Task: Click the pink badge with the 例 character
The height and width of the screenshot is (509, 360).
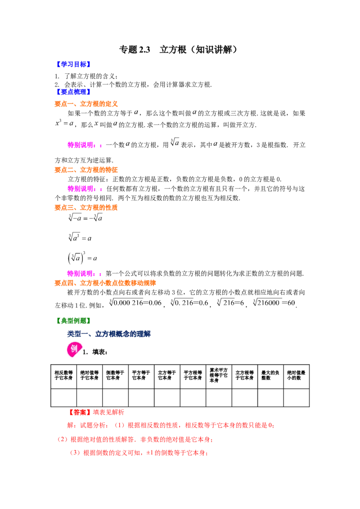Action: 74,349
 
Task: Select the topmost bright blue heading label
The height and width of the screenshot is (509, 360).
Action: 73,64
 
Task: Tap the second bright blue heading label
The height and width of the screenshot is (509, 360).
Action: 73,92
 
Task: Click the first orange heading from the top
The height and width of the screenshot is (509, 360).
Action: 86,104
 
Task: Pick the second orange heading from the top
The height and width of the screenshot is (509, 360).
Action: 86,170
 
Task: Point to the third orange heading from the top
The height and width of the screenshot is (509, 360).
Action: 86,208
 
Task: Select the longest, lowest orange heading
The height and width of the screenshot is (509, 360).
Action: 106,283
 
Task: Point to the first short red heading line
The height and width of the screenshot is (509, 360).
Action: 96,412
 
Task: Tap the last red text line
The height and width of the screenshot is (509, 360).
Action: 138,453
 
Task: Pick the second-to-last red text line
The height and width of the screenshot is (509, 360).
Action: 135,439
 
